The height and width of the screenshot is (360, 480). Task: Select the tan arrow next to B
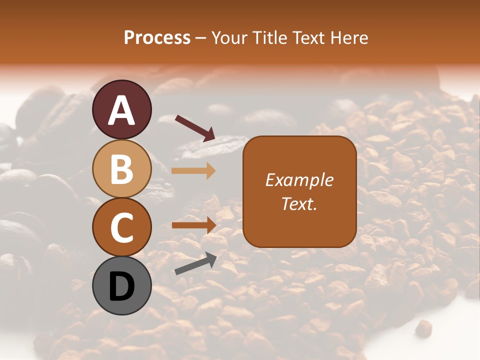[193, 170]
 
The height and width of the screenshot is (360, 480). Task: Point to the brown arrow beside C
[194, 225]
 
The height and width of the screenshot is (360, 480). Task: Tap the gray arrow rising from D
[195, 263]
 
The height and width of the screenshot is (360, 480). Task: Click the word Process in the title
[157, 38]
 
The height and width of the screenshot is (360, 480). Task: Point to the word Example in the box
[299, 180]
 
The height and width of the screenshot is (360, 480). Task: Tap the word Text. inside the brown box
[299, 203]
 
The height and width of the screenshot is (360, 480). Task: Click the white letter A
[121, 110]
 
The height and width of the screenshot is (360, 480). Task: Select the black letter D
[121, 286]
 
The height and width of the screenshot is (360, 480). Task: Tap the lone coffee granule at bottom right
[424, 327]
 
